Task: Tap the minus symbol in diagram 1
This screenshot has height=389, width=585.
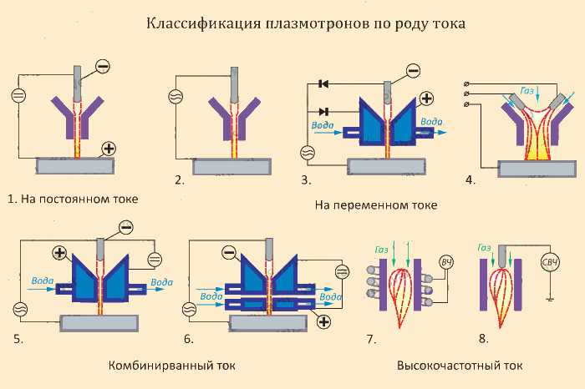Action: [103, 66]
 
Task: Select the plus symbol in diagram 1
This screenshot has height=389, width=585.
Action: [109, 149]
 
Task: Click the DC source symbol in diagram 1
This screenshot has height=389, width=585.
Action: [18, 95]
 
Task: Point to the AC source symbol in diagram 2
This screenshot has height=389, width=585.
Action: [175, 97]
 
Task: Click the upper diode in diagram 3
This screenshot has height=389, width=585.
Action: [323, 84]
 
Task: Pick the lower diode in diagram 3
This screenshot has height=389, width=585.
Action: [324, 111]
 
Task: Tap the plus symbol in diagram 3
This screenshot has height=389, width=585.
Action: [427, 99]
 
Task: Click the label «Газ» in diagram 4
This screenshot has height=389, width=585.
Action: [527, 90]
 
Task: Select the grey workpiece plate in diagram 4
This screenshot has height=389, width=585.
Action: [537, 169]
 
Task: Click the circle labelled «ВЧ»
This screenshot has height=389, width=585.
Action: [446, 262]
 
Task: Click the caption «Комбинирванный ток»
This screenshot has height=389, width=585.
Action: [172, 365]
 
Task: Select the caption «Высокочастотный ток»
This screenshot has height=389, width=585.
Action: [460, 365]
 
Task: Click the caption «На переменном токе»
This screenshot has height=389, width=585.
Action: [376, 205]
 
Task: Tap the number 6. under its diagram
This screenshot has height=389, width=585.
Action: [188, 340]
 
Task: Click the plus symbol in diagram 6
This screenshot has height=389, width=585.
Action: [323, 321]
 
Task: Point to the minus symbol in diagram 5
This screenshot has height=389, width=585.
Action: [126, 227]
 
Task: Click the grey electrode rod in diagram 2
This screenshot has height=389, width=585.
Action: [234, 85]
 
